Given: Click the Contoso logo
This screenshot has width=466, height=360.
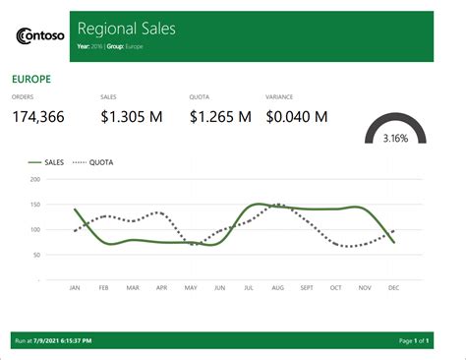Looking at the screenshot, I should click(40, 36).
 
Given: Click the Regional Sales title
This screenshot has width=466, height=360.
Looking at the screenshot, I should click(126, 29).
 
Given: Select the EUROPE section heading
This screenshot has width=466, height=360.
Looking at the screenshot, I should click(30, 78).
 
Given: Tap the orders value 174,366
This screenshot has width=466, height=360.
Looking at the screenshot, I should click(38, 117).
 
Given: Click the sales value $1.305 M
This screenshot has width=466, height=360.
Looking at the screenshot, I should click(132, 117).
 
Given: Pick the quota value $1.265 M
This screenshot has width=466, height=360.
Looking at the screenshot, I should click(220, 117).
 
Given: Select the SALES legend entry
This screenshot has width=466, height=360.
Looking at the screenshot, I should click(47, 161).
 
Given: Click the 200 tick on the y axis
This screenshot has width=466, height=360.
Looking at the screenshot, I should click(34, 180).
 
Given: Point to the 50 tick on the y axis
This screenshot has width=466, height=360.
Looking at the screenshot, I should click(36, 255).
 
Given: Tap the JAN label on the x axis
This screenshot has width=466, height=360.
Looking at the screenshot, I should click(74, 288).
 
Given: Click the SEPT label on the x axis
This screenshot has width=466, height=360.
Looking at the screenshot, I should click(306, 288).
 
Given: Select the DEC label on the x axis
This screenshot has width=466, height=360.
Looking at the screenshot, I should click(393, 288).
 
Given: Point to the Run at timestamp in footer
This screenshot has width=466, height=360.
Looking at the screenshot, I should click(54, 340).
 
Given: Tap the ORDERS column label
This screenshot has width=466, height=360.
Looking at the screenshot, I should click(23, 96).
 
